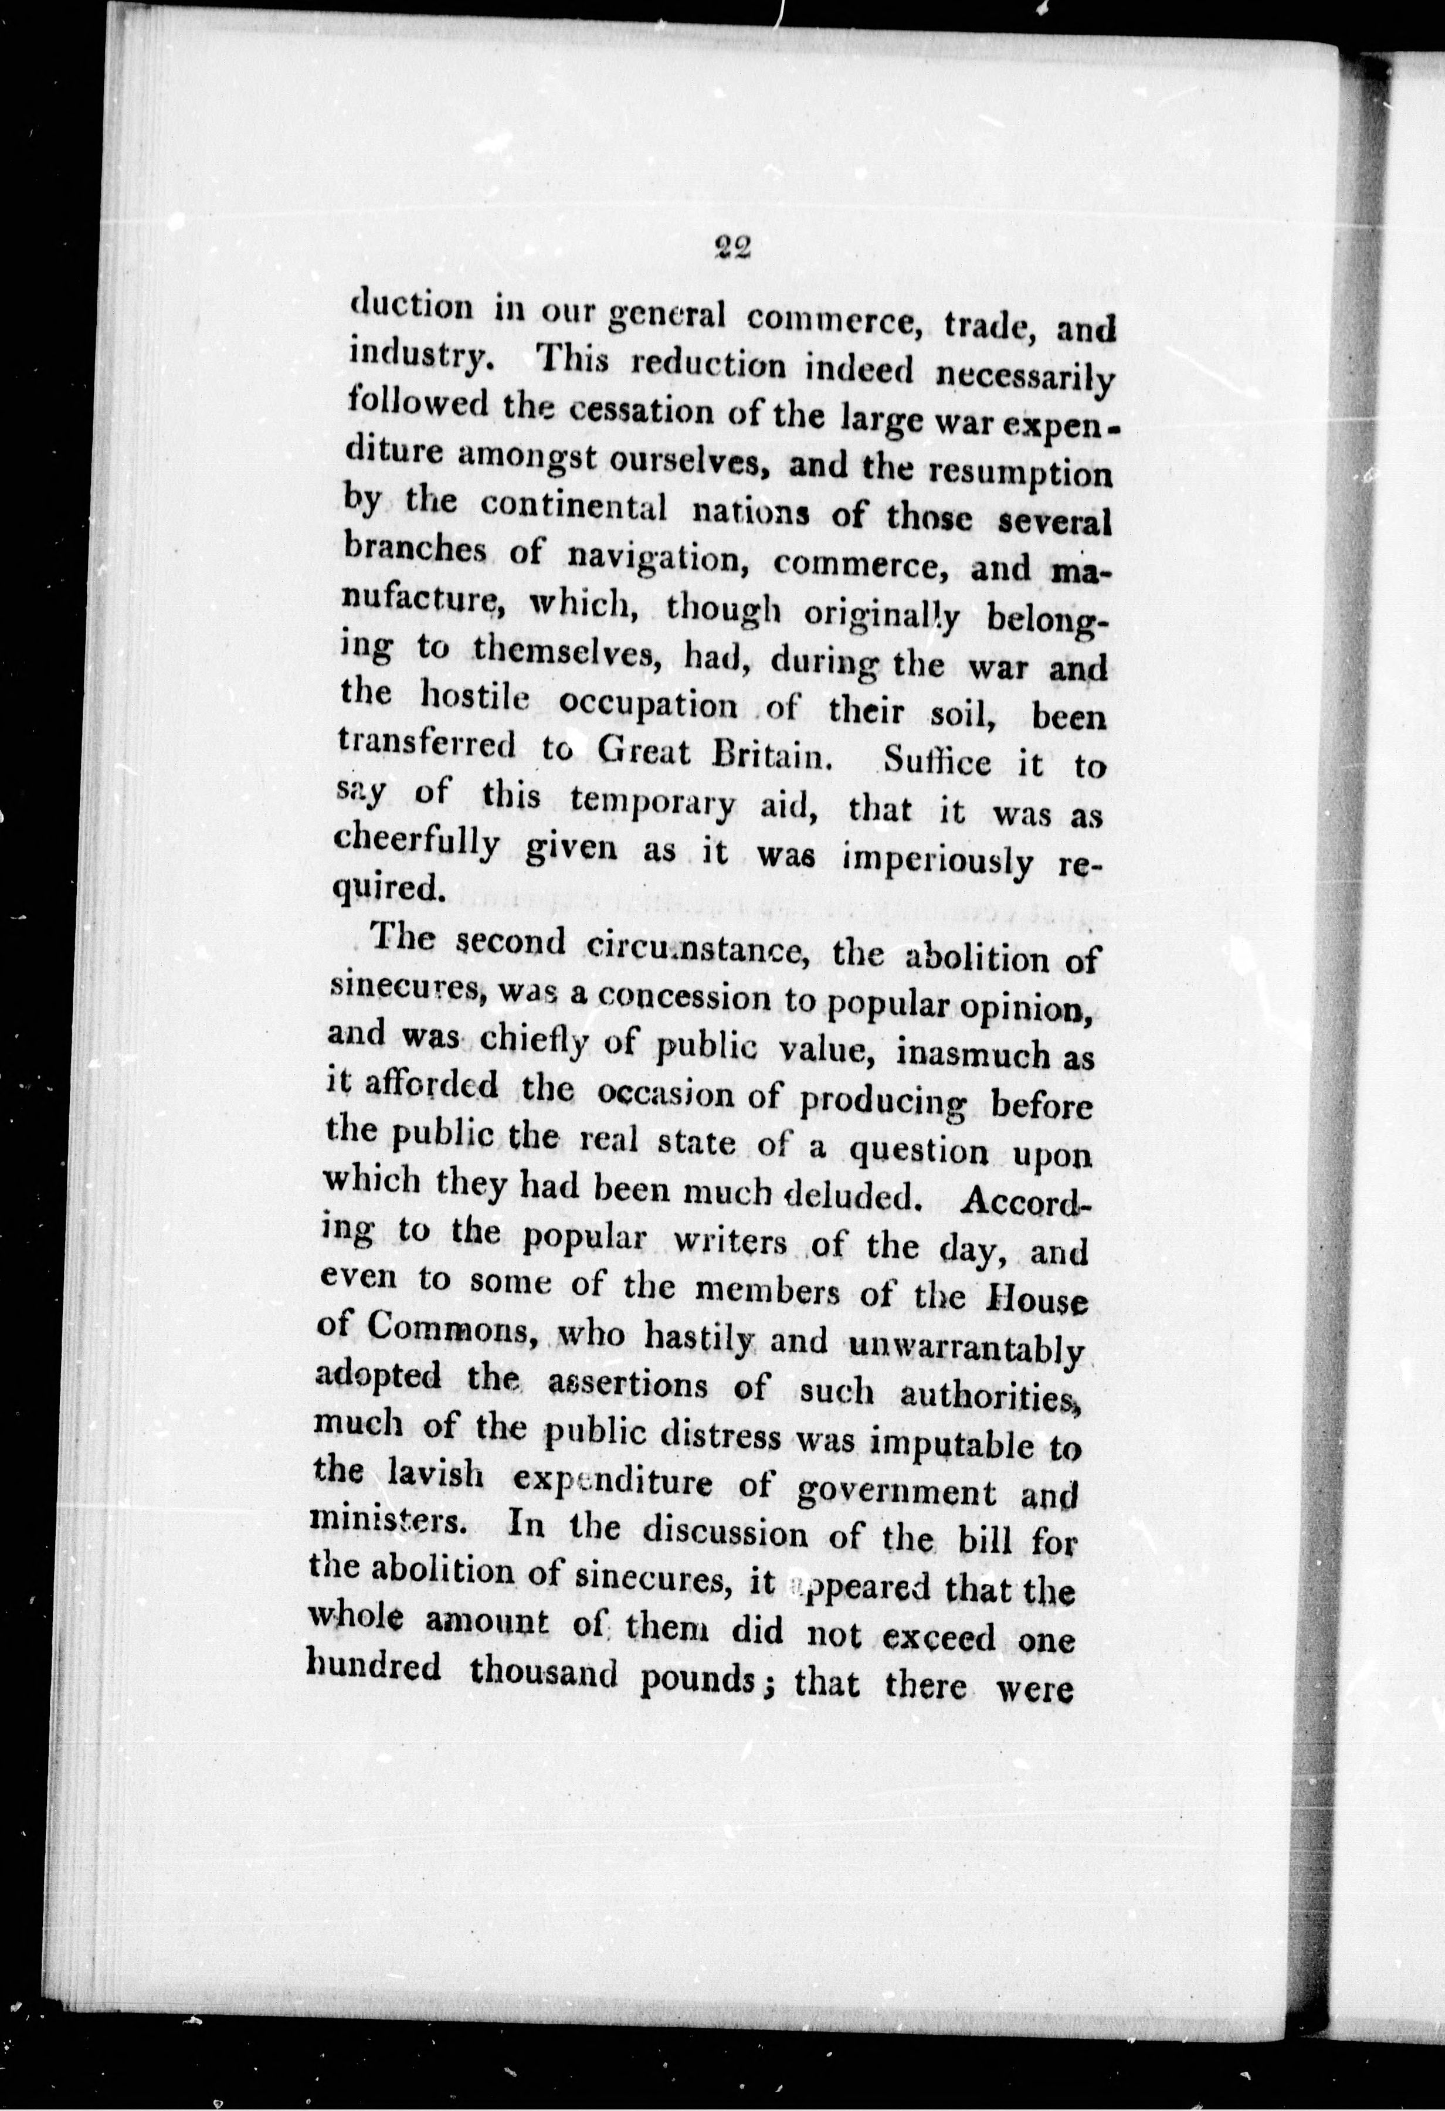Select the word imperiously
939,861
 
